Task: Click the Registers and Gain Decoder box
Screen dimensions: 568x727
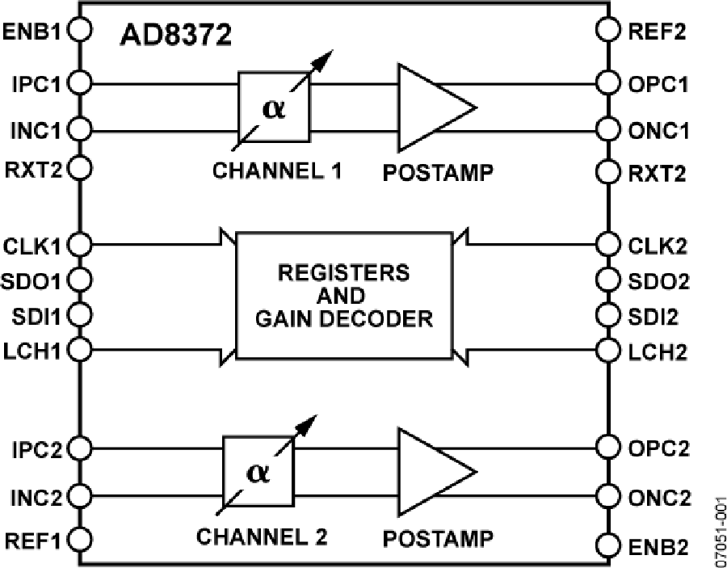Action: (x=343, y=297)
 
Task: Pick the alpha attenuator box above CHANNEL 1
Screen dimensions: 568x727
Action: (x=274, y=106)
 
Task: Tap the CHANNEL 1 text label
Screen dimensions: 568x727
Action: (x=278, y=171)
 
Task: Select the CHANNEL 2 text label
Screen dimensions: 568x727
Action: (x=263, y=536)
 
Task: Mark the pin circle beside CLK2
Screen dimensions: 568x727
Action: (x=607, y=243)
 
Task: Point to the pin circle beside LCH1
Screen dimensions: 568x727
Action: (x=79, y=349)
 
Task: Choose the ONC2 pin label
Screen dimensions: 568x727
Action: (x=659, y=497)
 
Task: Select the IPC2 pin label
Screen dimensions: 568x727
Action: (x=32, y=448)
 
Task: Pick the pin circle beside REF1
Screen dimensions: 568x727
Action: (x=79, y=538)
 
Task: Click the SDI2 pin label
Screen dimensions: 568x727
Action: (x=653, y=314)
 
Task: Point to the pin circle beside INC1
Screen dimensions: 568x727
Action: (x=79, y=127)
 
